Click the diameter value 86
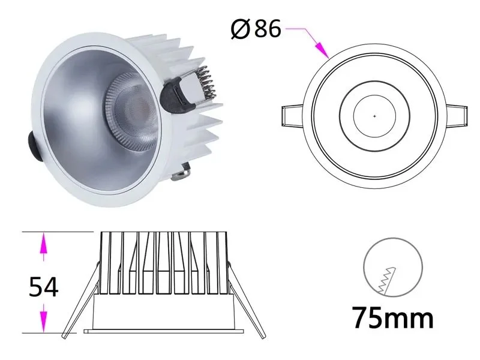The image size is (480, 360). [268, 28]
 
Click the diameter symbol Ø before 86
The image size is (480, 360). [241, 28]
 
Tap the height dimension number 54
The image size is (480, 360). [44, 288]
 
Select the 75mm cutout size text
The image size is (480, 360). [392, 318]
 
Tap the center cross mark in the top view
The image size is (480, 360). [374, 115]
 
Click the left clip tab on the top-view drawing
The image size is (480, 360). [294, 116]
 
